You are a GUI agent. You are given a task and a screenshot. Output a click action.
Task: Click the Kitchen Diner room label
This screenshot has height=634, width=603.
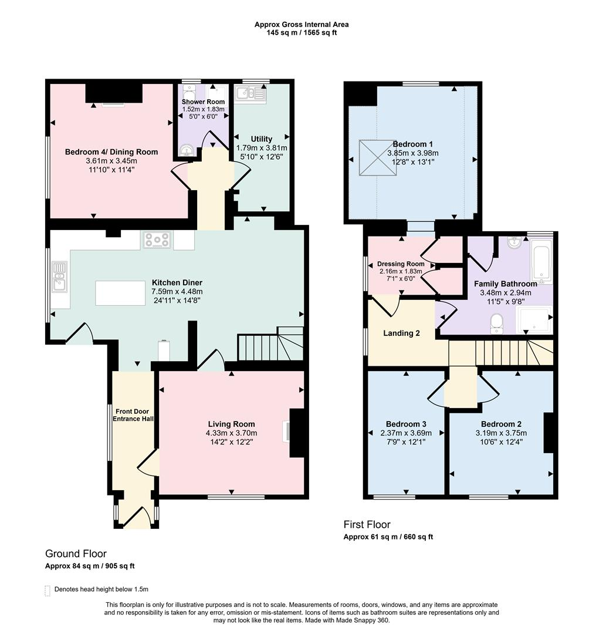[177, 282]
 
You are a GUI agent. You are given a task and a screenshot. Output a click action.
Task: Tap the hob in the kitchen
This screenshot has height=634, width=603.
[156, 240]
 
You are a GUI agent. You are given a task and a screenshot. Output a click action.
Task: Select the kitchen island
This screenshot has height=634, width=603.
[120, 293]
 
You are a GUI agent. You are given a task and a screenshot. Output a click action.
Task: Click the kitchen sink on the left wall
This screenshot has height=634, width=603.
[59, 276]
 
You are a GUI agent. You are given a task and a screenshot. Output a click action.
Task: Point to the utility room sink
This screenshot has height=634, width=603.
[250, 93]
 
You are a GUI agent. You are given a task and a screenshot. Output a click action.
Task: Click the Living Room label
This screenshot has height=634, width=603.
[232, 424]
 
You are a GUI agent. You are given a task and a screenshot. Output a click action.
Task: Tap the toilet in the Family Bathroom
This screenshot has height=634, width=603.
[496, 324]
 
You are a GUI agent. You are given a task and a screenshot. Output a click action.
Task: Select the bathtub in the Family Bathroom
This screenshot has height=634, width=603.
[541, 261]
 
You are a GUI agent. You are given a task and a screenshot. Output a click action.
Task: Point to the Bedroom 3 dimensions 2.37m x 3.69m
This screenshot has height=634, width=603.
[406, 433]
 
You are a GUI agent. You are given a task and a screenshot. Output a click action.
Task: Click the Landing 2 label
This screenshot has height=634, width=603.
[401, 333]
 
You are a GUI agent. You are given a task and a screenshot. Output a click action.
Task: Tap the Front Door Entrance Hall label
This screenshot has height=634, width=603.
[133, 415]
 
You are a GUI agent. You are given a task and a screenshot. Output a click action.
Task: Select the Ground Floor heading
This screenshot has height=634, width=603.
[76, 554]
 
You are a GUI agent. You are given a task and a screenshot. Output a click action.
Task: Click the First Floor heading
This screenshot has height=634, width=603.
[367, 524]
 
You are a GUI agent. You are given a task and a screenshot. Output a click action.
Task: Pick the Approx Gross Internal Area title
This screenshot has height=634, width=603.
[301, 24]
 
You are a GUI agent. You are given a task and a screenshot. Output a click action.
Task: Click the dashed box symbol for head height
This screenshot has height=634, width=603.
[48, 591]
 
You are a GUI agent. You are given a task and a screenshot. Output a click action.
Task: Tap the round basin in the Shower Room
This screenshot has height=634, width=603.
[186, 151]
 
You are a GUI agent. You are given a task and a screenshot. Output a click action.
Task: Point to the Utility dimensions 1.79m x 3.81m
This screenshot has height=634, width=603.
[262, 148]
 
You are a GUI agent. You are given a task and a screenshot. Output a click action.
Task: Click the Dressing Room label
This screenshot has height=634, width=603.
[401, 264]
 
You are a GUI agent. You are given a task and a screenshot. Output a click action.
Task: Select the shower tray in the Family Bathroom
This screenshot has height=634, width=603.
[534, 320]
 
